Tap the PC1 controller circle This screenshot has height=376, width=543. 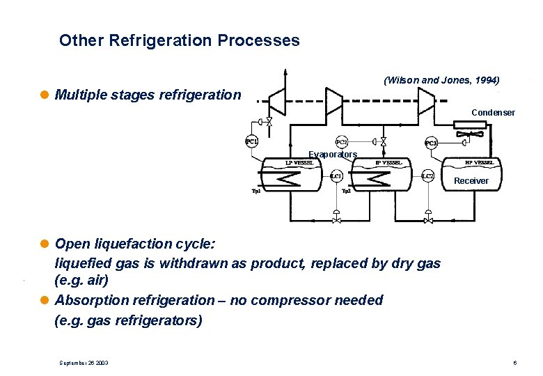pos(251,142)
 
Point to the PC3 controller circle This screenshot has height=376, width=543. pos(432,143)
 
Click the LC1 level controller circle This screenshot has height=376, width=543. pos(336,176)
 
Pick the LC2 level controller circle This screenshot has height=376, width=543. pos(428,176)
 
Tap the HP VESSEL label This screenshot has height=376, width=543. pos(480,163)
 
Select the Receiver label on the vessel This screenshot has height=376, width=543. pos(471,181)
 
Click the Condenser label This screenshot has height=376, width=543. pos(493,112)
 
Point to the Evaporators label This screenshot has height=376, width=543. pos(332,155)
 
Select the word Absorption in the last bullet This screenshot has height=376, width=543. pos(88,300)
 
